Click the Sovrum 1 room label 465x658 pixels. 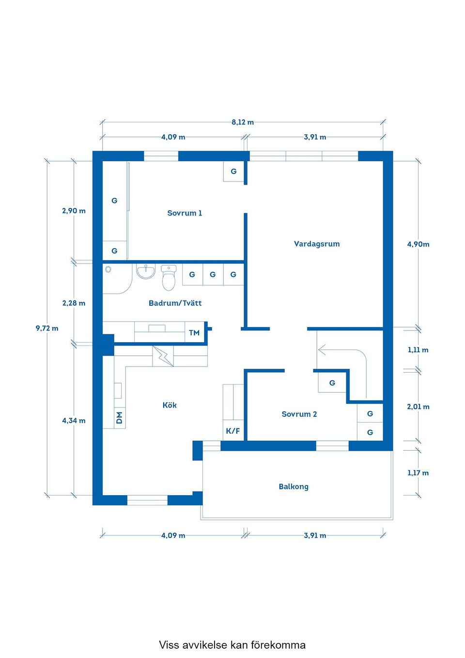(185, 213)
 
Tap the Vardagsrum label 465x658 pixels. (317, 244)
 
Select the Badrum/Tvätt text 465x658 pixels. (175, 303)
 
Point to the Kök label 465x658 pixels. (170, 405)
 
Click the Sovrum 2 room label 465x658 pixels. (299, 414)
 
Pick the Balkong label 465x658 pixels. (294, 486)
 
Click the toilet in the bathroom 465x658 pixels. (169, 278)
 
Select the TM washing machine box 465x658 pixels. (194, 333)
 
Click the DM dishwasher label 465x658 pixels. (119, 418)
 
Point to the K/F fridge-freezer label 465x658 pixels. (233, 431)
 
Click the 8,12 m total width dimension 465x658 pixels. (243, 122)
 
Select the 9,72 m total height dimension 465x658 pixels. (47, 329)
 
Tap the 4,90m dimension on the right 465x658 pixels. (418, 244)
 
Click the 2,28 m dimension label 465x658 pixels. (74, 303)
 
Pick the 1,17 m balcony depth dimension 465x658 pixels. (418, 473)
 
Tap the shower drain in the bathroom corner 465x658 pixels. (108, 269)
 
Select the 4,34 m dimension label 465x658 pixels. (74, 421)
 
